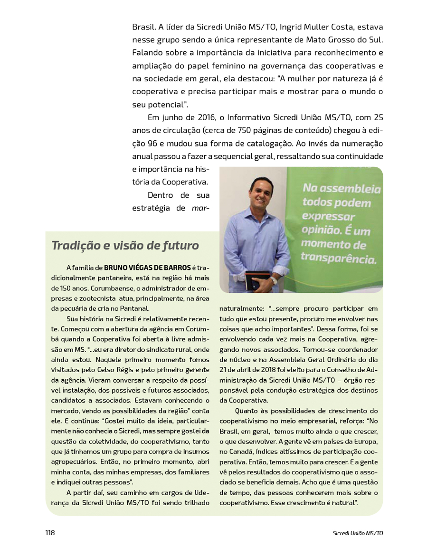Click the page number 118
click(50, 533)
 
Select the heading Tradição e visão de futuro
click(125, 246)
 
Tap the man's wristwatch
click(274, 280)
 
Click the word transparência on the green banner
click(338, 259)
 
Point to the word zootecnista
click(100, 298)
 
